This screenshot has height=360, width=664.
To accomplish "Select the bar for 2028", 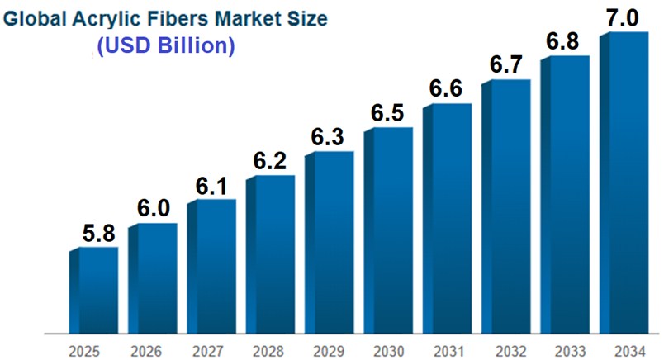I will click(271, 252).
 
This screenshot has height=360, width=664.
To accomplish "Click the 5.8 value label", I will click(98, 233).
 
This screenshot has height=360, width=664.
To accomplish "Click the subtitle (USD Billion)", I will click(165, 46).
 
